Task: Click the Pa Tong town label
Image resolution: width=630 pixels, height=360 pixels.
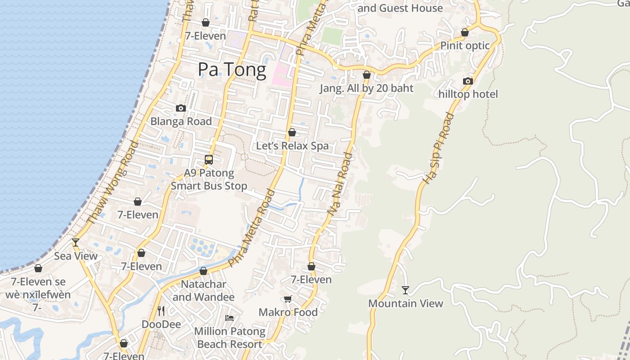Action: pyautogui.click(x=232, y=70)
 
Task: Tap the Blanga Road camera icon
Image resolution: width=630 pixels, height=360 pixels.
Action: pyautogui.click(x=181, y=108)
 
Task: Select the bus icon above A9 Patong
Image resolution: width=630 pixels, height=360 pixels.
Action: pyautogui.click(x=209, y=159)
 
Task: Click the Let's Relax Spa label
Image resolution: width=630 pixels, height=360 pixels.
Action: pyautogui.click(x=292, y=146)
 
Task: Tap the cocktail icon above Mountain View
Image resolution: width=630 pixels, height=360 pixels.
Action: pyautogui.click(x=405, y=290)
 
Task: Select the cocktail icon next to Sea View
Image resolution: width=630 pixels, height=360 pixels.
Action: pyautogui.click(x=76, y=243)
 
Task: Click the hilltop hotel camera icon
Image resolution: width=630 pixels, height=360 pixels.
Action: pyautogui.click(x=468, y=81)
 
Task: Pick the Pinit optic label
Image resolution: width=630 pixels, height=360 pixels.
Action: pyautogui.click(x=465, y=45)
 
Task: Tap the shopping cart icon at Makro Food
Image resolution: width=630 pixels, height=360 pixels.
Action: pyautogui.click(x=288, y=299)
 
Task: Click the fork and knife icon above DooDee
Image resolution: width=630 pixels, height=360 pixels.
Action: pyautogui.click(x=161, y=310)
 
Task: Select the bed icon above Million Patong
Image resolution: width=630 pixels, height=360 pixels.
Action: pyautogui.click(x=229, y=318)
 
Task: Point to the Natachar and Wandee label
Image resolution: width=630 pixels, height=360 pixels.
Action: pyautogui.click(x=203, y=291)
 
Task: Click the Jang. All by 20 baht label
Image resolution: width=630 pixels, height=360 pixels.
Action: pyautogui.click(x=366, y=88)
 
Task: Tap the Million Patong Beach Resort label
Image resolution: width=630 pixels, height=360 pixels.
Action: pyautogui.click(x=229, y=337)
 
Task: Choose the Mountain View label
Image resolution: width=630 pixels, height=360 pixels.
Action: pyautogui.click(x=405, y=303)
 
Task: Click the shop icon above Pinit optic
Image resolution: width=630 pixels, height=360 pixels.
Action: pyautogui.click(x=465, y=32)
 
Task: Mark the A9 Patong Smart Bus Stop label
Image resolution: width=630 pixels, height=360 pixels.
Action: pyautogui.click(x=209, y=180)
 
